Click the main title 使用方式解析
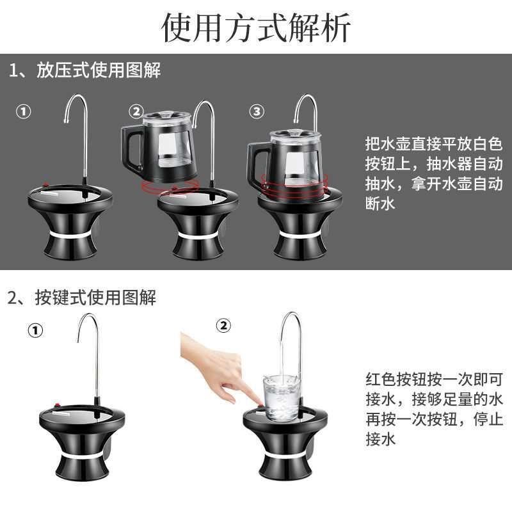click(x=256, y=28)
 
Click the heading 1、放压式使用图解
click(x=84, y=70)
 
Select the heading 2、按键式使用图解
click(x=82, y=298)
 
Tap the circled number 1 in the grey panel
click(x=23, y=111)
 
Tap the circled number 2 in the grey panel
click(x=136, y=111)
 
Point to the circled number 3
click(x=257, y=111)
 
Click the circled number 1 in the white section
click(x=35, y=330)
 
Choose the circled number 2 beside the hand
click(x=223, y=326)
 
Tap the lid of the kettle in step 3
click(x=296, y=135)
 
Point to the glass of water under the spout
click(x=281, y=397)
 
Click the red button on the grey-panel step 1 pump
click(x=46, y=184)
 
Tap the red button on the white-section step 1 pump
click(x=58, y=405)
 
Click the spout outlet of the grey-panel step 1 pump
click(x=67, y=121)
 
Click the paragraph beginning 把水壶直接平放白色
click(x=434, y=173)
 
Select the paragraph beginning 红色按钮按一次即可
click(x=434, y=409)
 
